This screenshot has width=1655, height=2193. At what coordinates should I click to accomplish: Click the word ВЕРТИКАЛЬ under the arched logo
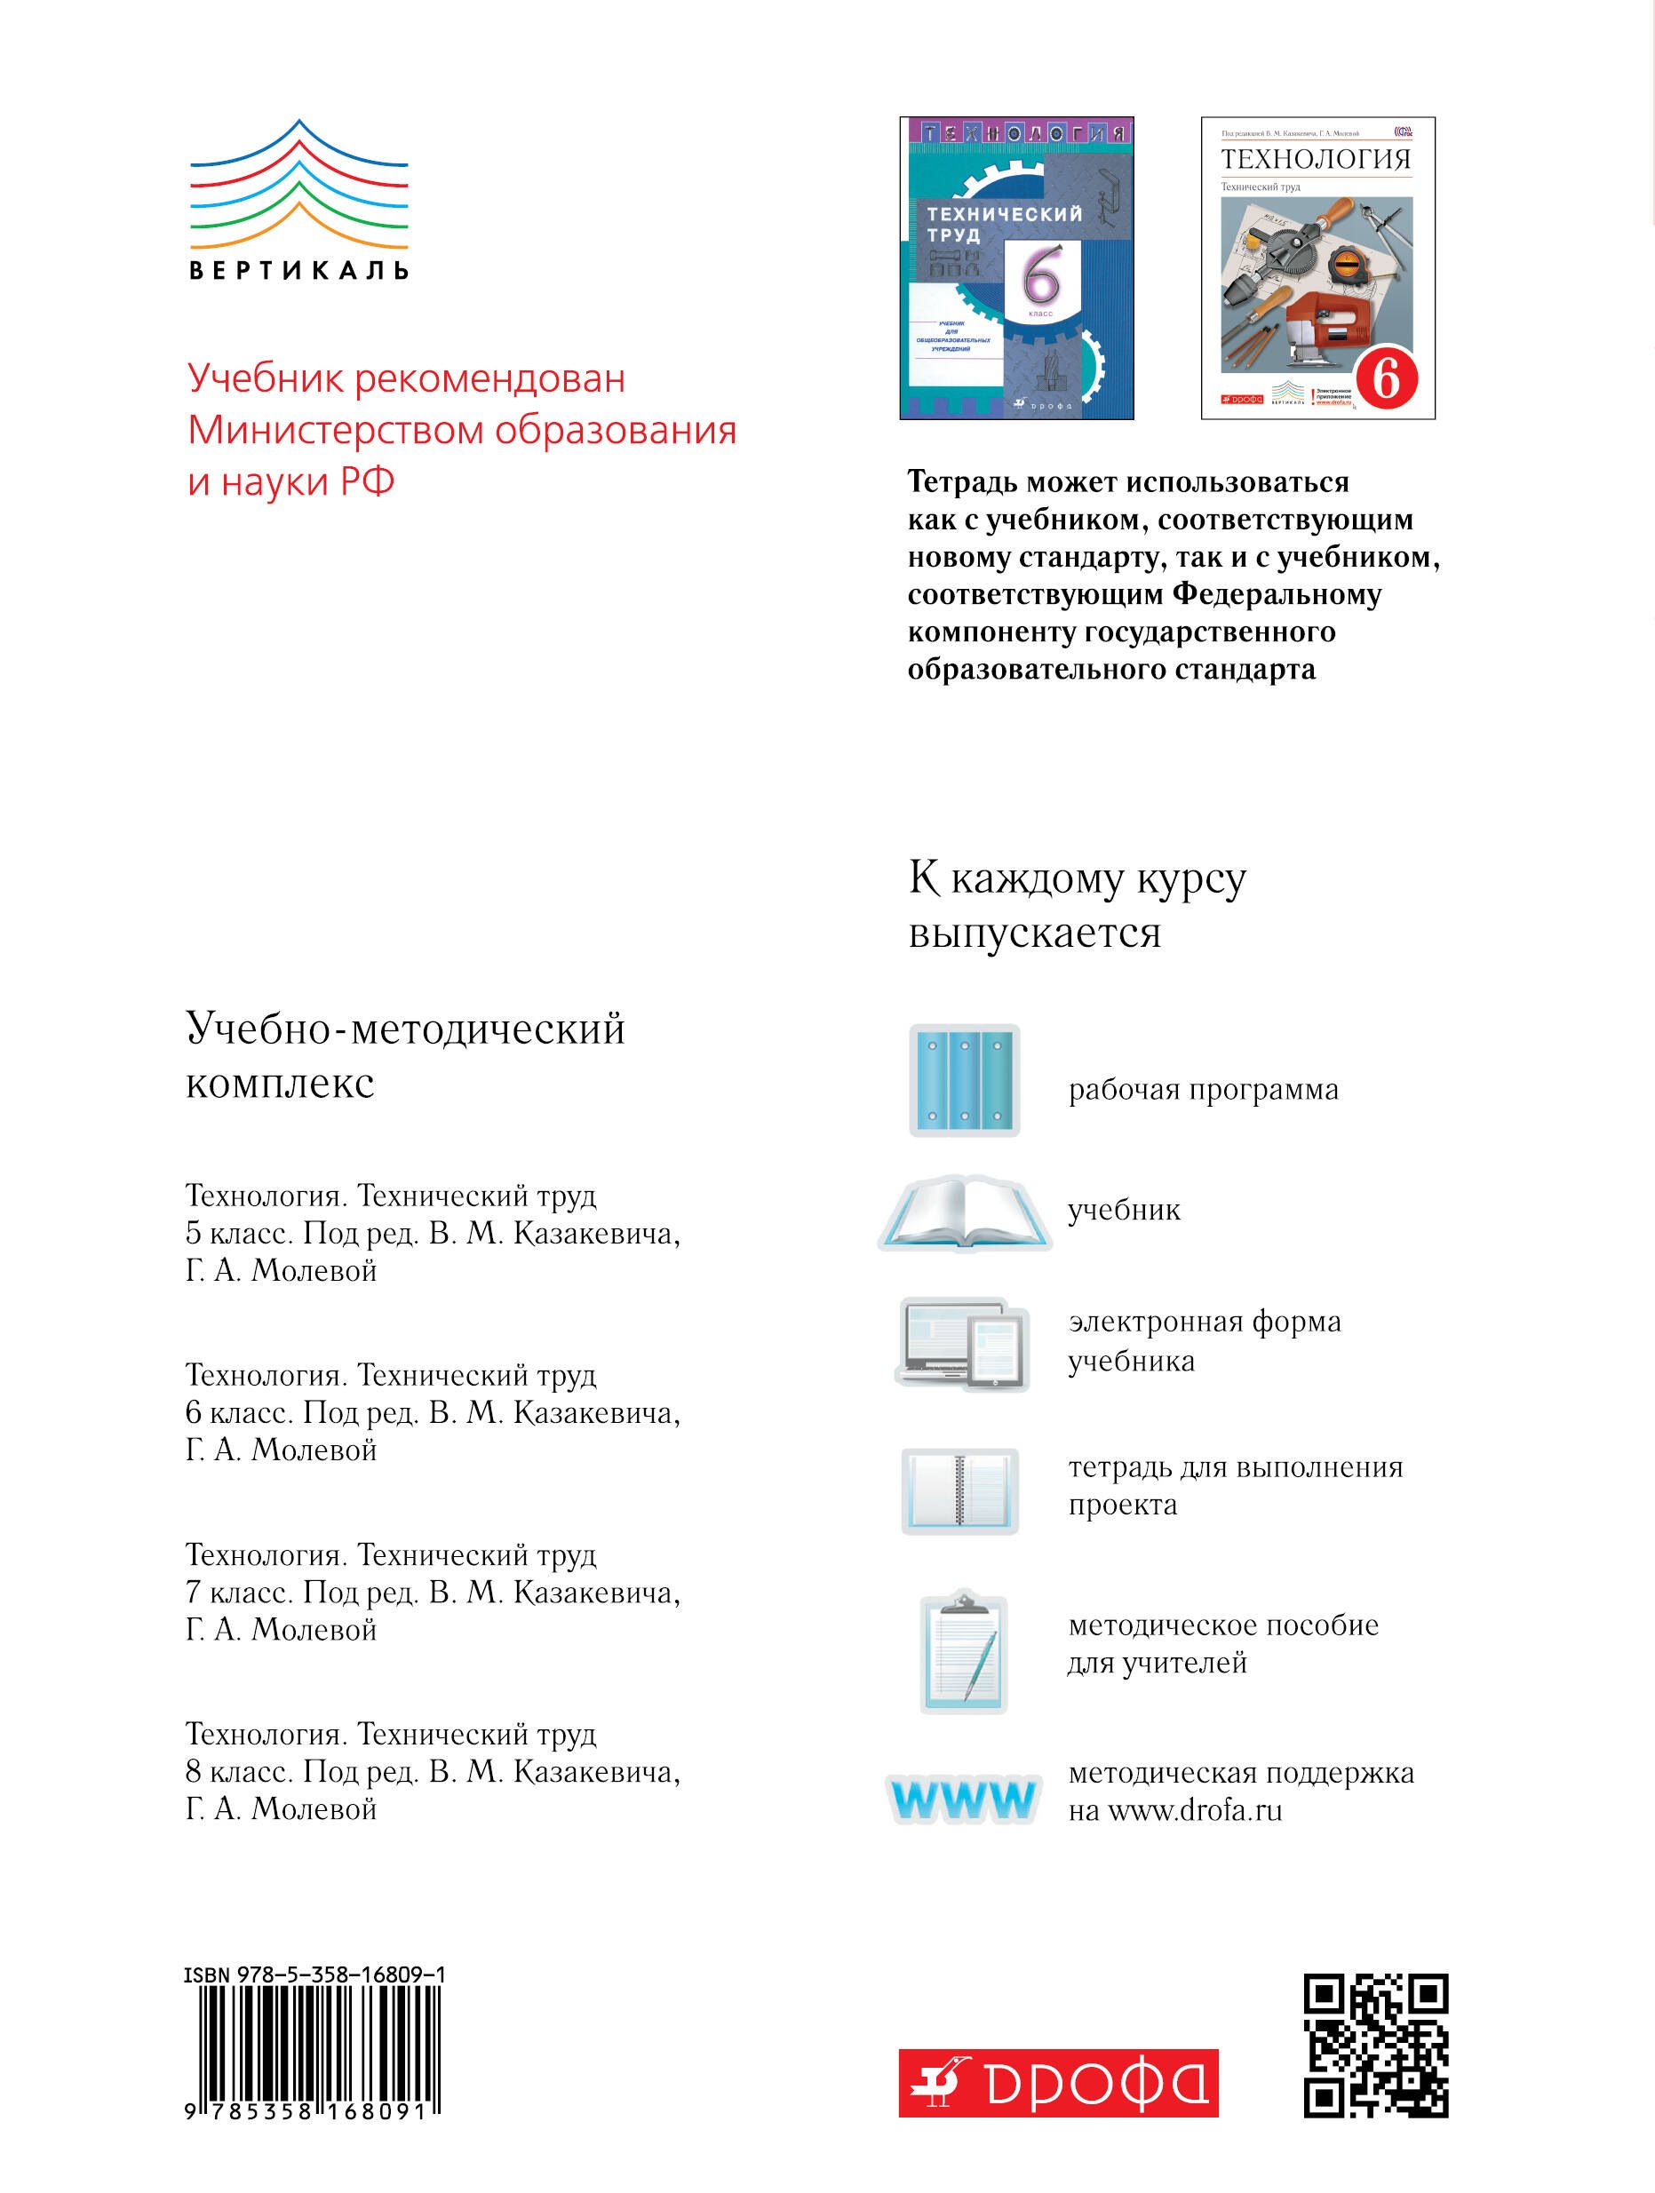click(298, 270)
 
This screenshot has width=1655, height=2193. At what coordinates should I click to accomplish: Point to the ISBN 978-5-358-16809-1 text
click(314, 1974)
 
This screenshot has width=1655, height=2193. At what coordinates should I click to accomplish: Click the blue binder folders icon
click(964, 1080)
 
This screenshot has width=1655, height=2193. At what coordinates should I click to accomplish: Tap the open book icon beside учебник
click(964, 1213)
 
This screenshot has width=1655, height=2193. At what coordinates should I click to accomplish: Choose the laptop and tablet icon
click(964, 1342)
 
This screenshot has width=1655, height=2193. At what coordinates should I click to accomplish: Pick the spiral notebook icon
click(959, 1490)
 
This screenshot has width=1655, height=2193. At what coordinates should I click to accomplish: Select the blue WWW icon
click(963, 1798)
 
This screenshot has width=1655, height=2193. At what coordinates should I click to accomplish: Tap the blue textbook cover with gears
click(1015, 267)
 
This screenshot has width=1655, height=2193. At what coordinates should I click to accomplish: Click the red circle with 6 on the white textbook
click(1385, 378)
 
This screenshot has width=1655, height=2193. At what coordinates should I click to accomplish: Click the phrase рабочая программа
click(1203, 1090)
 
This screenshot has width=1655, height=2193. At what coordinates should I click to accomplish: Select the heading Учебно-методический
click(406, 1029)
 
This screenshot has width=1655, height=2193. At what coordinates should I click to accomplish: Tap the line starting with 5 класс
click(433, 1234)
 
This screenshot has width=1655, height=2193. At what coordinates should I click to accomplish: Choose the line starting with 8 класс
click(433, 1772)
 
